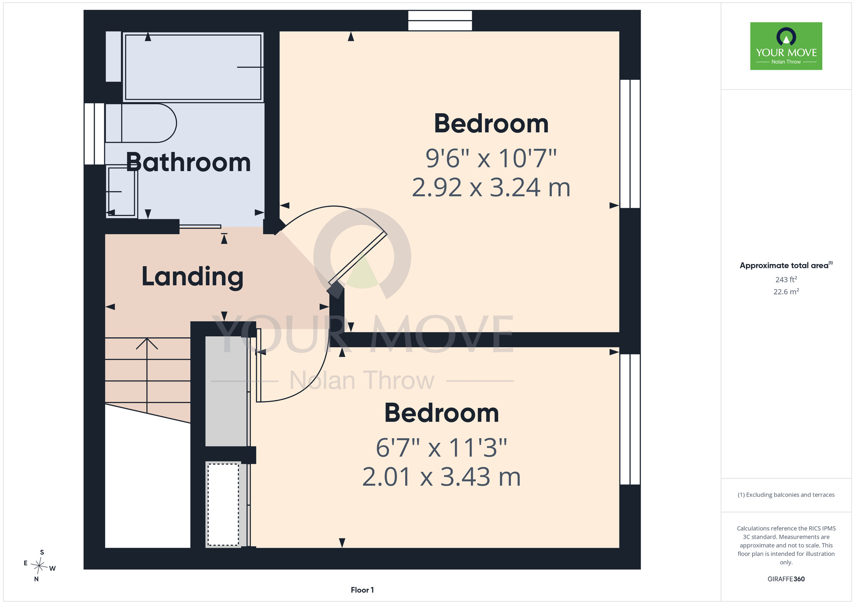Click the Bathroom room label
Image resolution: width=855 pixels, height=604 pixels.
point(189,162)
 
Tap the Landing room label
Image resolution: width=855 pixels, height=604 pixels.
point(192,277)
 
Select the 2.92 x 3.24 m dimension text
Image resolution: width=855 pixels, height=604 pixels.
point(491,188)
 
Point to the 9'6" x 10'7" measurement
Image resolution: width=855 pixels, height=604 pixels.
point(491,158)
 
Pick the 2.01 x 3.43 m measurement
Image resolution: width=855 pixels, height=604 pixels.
point(442,477)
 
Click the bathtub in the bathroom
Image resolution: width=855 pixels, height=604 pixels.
point(193,67)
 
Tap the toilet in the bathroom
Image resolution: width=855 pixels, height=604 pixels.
point(141,123)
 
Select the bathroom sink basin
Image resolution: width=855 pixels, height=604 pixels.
point(122,192)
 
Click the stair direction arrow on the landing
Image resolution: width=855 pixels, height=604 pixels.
point(147,375)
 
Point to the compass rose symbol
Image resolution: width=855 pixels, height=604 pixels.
point(39,566)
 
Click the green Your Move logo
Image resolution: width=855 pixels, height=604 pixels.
point(786,46)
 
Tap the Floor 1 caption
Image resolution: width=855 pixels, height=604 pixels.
point(362,590)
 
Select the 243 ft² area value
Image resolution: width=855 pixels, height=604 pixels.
point(786,279)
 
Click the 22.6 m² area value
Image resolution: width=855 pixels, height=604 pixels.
point(786,292)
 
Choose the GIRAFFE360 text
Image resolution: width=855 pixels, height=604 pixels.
point(786,579)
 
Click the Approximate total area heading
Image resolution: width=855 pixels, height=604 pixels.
point(786,265)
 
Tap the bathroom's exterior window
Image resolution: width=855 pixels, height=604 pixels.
point(94,134)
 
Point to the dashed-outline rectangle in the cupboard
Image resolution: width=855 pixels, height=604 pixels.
point(223,504)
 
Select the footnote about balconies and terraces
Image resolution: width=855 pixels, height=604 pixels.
point(786,495)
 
